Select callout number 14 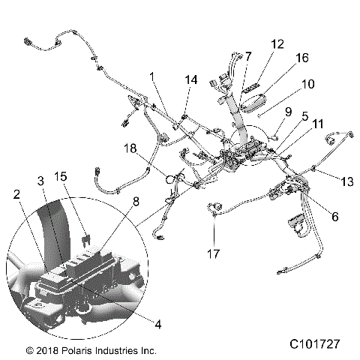coord(192,79)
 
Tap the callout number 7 coord(248,56)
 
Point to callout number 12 coord(277,44)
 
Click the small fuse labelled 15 coord(88,219)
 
